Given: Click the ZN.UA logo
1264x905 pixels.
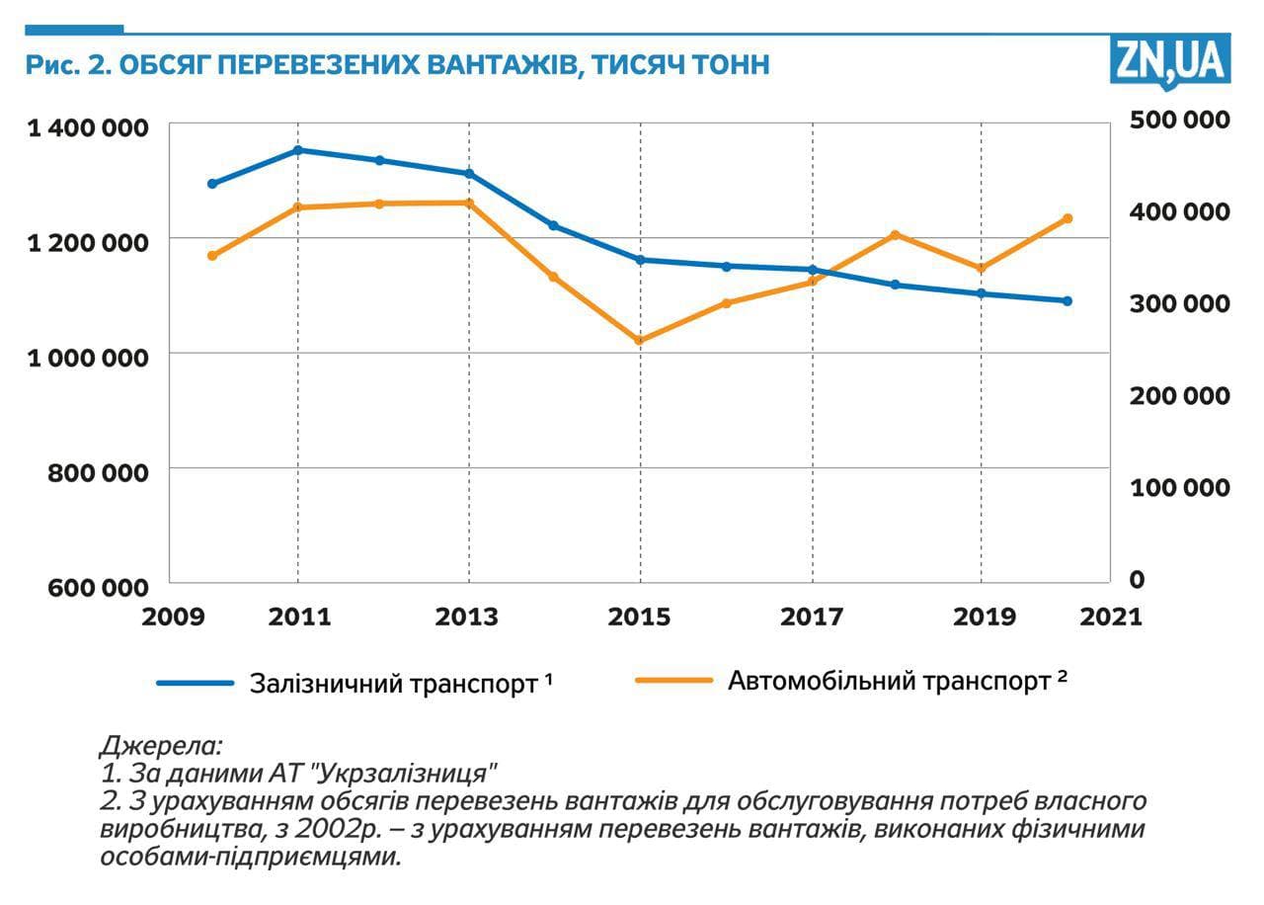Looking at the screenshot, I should (x=1171, y=62).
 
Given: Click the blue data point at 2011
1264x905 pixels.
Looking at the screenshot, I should (x=297, y=150).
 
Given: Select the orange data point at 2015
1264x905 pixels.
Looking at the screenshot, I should (x=640, y=341).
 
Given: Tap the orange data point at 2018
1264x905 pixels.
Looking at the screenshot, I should (x=896, y=235).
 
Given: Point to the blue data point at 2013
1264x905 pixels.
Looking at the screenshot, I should (x=469, y=174).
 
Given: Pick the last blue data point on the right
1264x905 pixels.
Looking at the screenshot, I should (x=1067, y=301).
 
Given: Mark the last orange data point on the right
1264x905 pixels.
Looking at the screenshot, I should (x=1067, y=218).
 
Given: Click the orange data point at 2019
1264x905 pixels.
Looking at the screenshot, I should (x=982, y=269).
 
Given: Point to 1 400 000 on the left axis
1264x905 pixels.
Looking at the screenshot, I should (x=88, y=128).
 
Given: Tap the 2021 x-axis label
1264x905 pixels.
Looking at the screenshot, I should (x=1112, y=617).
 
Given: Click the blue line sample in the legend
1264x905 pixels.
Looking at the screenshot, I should (x=195, y=683).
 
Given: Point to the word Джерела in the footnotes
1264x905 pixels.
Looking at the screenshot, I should (x=161, y=744).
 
